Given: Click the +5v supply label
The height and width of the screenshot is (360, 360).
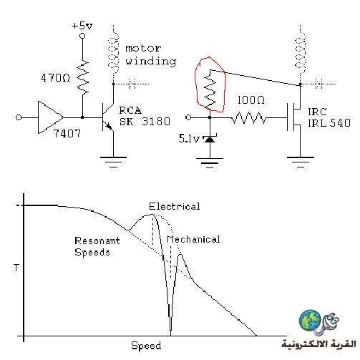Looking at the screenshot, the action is coord(82,26).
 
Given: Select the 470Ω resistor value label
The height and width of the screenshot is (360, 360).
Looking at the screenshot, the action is coord(55,78).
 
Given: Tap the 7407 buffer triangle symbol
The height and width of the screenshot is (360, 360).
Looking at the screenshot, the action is coord(50,117).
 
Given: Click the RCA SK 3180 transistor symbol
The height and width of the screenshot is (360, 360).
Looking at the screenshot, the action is coord(107,117).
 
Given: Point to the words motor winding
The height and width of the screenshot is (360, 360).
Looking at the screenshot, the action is coord(150,55).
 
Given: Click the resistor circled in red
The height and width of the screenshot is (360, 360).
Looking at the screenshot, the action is coord(210,89).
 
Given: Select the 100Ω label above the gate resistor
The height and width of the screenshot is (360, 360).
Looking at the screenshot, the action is coord(250,100).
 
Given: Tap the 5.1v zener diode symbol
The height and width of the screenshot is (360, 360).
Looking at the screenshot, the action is coord(210,138).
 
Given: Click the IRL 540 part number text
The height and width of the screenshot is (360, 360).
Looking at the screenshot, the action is coord(329,123).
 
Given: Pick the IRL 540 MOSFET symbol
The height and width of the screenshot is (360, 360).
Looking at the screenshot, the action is coord(295,117).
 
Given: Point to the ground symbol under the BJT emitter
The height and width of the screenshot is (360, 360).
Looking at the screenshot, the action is coord(113,162).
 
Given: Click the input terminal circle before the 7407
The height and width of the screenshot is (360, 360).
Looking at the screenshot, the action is coord(19,117).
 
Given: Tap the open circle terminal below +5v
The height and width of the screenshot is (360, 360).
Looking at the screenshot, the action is coord(82,36).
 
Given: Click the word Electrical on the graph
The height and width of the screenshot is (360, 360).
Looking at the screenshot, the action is coord(175,206).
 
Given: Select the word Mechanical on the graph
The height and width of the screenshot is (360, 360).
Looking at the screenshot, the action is coord(193,239).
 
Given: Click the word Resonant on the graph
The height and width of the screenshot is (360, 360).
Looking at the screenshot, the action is coord(97,240).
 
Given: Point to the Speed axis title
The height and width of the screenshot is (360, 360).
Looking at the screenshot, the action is coord(146,346).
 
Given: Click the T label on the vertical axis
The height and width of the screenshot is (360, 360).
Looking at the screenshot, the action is coord(16,268).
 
